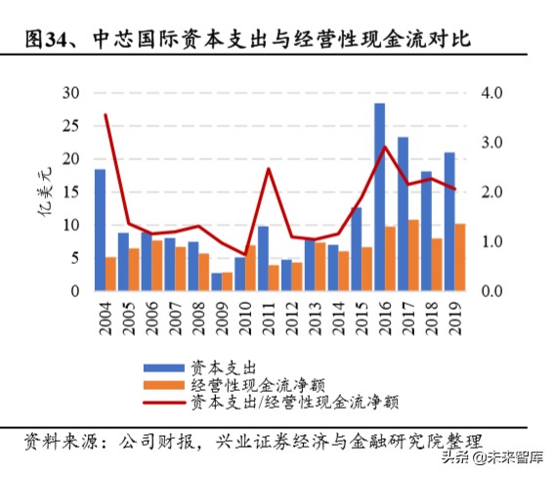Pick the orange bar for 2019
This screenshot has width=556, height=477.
[460, 257]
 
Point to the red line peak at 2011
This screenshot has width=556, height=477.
[268, 169]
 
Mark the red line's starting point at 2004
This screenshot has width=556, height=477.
[106, 115]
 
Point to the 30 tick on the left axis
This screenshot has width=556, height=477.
[69, 93]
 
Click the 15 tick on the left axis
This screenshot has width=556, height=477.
[69, 193]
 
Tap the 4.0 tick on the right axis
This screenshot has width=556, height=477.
[489, 93]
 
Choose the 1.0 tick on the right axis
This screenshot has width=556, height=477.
[489, 242]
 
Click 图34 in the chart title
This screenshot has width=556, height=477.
[47, 40]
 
